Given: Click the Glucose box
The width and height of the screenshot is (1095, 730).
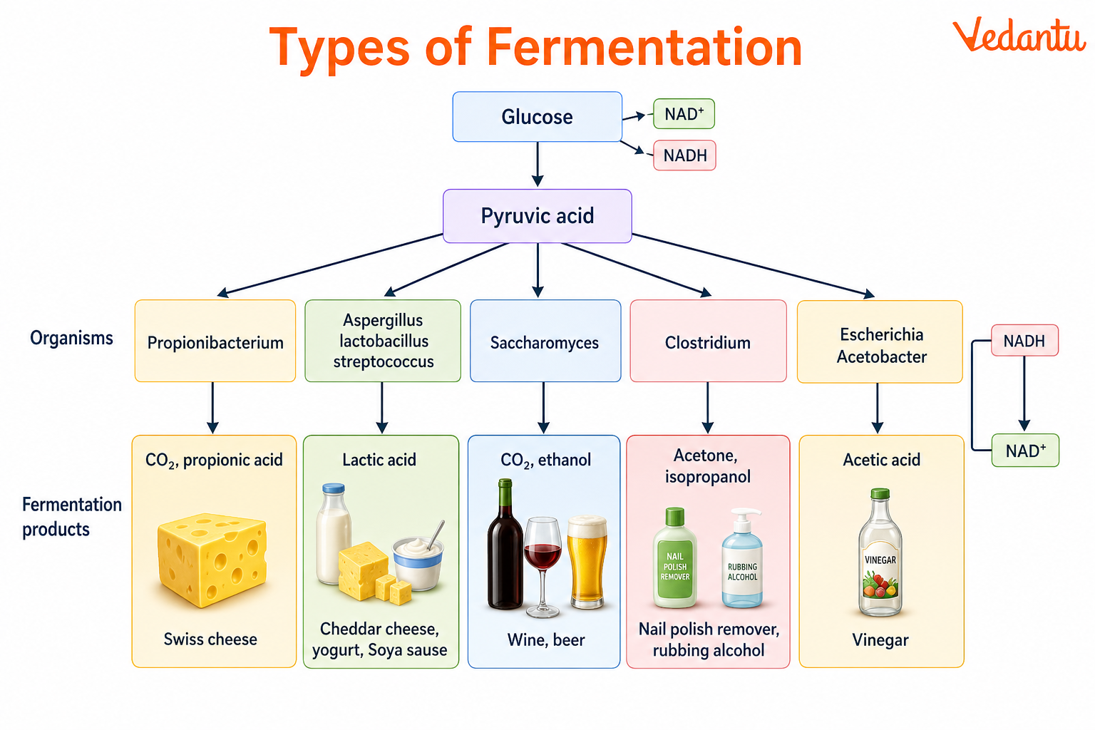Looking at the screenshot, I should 537,116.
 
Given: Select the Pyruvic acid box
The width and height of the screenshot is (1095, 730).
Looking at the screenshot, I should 537,215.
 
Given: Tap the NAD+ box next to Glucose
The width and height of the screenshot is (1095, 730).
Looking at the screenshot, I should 684,114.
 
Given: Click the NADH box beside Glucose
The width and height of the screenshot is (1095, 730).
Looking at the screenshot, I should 684,155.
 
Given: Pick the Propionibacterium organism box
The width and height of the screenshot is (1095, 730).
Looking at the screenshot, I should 215,341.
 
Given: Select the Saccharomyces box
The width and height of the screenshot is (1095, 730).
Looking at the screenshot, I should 545,341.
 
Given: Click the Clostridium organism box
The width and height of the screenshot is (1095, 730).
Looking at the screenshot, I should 708,341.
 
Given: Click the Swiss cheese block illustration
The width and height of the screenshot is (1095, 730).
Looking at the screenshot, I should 212,559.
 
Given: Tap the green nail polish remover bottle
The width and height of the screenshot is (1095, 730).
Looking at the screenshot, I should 674,560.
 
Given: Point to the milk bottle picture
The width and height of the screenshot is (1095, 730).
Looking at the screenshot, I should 334,535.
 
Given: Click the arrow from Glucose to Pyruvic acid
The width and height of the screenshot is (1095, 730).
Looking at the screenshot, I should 538,164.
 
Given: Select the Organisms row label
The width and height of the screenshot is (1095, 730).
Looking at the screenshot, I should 71,338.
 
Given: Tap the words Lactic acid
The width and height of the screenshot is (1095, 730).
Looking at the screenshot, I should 379,460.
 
